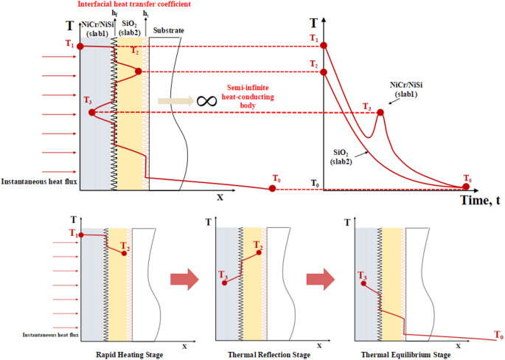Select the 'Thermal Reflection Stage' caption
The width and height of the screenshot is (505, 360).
263,355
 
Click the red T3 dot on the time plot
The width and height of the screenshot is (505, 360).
380,113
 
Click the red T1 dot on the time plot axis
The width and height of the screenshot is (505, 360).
325,46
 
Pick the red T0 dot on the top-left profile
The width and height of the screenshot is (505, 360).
273,189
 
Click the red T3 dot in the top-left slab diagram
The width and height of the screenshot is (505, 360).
92,113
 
